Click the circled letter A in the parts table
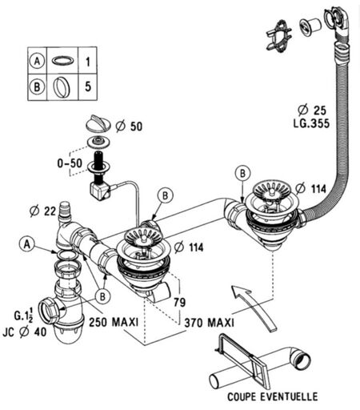coord(37,61)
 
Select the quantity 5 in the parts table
coord(88,86)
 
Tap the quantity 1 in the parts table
coord(88,62)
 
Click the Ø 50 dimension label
coord(129,127)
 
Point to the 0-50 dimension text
coord(70,163)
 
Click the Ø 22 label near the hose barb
coord(42,211)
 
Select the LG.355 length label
coord(311,123)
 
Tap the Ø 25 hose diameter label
coord(312,111)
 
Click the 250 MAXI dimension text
coord(114,322)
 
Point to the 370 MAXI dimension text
coord(209,323)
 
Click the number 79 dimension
coord(179,303)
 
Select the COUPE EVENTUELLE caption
coord(272,396)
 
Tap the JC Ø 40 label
coord(25,332)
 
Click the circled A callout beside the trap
coord(26,244)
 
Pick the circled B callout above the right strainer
coord(242,174)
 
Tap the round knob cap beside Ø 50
coord(98,123)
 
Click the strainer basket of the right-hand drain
coord(272,190)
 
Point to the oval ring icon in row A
coord(62,61)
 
